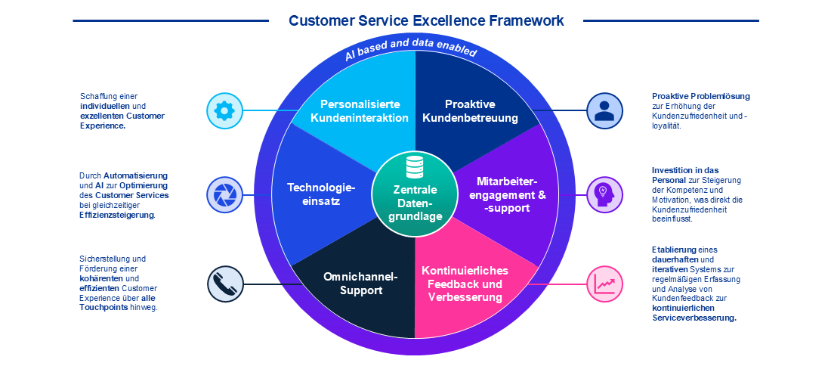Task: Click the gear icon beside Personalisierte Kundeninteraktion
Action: [x=224, y=111]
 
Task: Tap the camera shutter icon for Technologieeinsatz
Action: [x=224, y=194]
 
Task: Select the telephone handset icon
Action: [x=224, y=284]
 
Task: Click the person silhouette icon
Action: [x=604, y=111]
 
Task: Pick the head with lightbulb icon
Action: [x=604, y=194]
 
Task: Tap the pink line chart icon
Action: [x=604, y=284]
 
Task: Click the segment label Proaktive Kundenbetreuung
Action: [x=470, y=111]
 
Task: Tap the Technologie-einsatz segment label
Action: [x=321, y=194]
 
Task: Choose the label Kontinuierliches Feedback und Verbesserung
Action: [x=465, y=284]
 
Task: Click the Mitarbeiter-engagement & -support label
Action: [x=508, y=194]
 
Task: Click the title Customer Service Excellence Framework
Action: [x=426, y=20]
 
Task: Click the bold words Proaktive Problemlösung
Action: [x=700, y=96]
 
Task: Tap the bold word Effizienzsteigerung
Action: [x=117, y=215]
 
